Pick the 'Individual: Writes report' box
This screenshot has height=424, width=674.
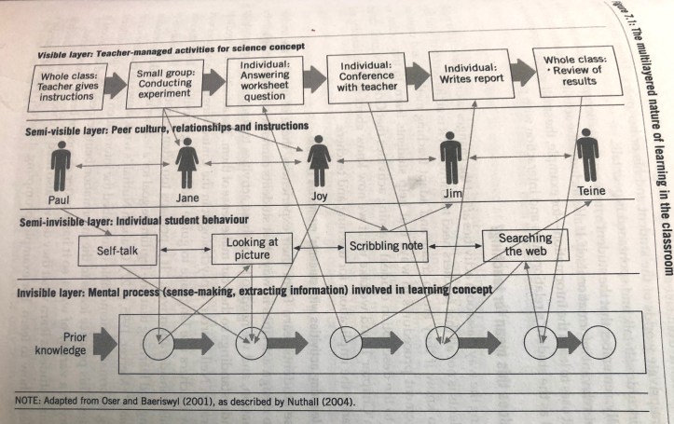pyautogui.click(x=471, y=75)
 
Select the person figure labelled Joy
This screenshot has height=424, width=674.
pyautogui.click(x=320, y=157)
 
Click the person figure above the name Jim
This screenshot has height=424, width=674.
pyautogui.click(x=451, y=154)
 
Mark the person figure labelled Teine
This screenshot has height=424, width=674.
pyautogui.click(x=586, y=153)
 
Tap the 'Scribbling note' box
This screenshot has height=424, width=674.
pyautogui.click(x=386, y=246)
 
